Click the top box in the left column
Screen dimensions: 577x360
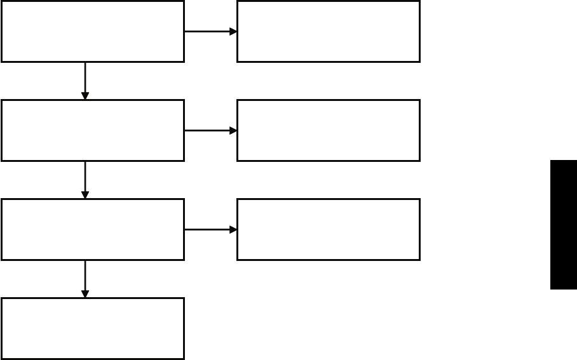[93, 31]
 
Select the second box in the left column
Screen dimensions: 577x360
[93, 130]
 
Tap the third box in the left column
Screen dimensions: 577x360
[93, 229]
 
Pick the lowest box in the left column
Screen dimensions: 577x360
[93, 328]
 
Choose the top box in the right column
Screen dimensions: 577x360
[329, 31]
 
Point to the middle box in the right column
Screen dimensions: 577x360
[329, 130]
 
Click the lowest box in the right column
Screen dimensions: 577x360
[329, 229]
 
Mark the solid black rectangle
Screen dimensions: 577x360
[564, 225]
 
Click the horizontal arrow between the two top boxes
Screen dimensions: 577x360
[210, 31]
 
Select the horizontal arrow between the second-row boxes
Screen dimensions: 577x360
[210, 130]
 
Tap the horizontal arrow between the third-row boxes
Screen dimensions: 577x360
[210, 229]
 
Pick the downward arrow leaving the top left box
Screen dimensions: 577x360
[85, 80]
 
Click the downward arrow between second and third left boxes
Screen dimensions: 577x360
[85, 179]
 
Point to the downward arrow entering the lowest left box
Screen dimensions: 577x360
[85, 278]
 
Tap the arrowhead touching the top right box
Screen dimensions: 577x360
[233, 31]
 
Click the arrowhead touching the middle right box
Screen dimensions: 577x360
[233, 130]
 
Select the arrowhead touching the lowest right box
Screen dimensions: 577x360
[233, 229]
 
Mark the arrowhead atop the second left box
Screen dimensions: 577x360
[85, 95]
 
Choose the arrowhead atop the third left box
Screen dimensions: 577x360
[85, 194]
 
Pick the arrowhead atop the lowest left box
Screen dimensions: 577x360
[85, 293]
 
